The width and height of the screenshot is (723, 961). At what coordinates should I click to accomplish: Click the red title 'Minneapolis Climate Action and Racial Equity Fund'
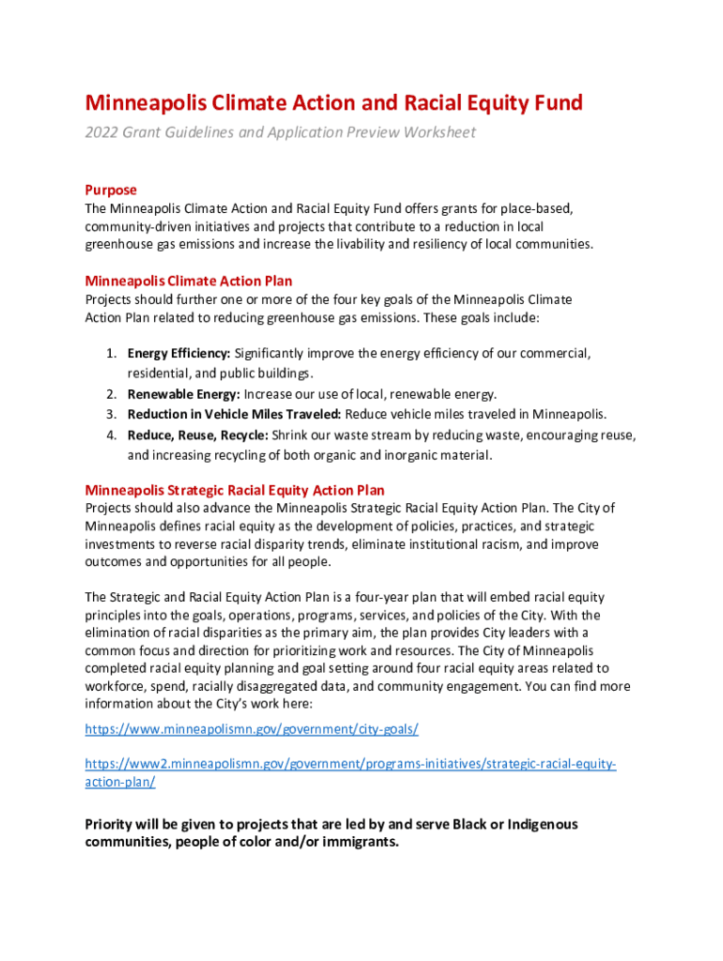(x=333, y=102)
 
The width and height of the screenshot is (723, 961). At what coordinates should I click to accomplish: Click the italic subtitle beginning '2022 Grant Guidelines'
(x=280, y=132)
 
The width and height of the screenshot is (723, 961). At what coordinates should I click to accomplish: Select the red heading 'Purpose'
(x=111, y=190)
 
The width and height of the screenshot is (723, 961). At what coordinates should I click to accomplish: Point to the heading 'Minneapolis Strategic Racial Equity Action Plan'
(x=235, y=490)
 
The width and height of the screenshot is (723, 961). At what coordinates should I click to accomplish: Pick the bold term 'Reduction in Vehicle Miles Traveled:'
(x=235, y=414)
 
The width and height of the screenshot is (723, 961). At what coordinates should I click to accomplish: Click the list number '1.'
(x=111, y=354)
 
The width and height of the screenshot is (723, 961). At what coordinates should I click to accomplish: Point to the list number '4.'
(x=111, y=435)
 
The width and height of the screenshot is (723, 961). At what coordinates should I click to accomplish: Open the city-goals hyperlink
(x=252, y=729)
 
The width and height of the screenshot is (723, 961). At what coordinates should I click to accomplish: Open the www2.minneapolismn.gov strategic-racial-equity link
(x=350, y=764)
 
